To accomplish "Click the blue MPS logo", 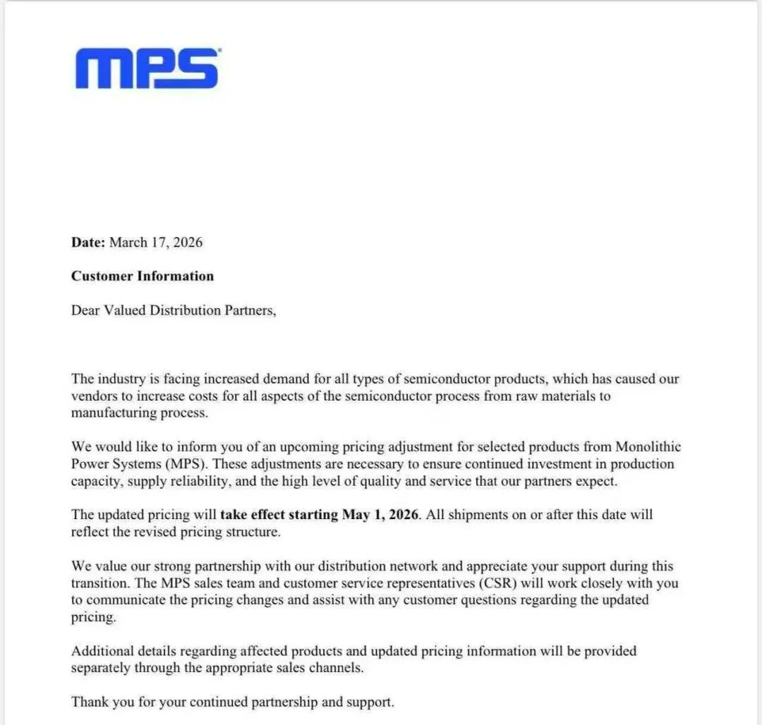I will pos(147,68).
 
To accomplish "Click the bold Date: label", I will pos(88,243).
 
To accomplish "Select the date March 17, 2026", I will pos(156,243).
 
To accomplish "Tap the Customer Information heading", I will pos(142,276).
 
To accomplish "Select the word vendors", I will pos(93,396).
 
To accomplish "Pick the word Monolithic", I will pos(648,447).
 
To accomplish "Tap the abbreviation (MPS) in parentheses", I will pos(189,464).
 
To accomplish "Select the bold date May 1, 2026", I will pos(381,515).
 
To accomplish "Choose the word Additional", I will pos(103,651).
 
